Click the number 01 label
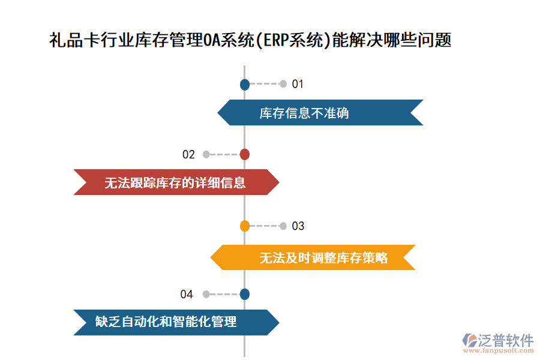298,84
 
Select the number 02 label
188,154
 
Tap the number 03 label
298,226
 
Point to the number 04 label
187,294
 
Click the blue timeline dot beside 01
245,85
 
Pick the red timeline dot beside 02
245,154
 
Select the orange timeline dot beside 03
245,226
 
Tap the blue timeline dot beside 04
245,294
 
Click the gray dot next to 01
283,84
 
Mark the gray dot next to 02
206,154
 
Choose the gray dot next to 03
283,226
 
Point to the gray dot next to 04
206,294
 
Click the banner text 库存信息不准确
304,113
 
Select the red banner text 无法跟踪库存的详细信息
175,182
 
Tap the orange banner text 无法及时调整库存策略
323,258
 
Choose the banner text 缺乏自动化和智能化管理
166,322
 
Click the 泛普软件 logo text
506,341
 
